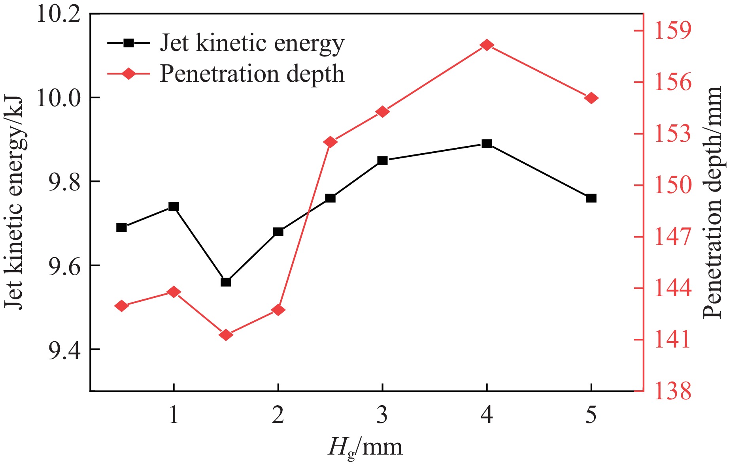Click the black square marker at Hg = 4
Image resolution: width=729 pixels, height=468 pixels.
point(487,144)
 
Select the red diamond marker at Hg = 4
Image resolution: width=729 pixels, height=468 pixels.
point(487,45)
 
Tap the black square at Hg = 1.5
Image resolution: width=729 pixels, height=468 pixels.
point(226,282)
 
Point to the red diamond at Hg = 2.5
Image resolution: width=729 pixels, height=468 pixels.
point(330,142)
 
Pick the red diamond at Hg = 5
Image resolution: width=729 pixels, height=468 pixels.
point(591,98)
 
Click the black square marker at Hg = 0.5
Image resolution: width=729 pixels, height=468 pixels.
point(121,227)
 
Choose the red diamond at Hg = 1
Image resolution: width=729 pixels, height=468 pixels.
point(174,292)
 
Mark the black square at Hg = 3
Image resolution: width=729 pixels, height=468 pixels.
point(382,160)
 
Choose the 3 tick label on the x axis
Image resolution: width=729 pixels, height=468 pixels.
point(382,415)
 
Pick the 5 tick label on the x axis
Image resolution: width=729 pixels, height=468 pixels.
point(591,415)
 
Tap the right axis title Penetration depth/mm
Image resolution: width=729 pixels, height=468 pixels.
point(714,202)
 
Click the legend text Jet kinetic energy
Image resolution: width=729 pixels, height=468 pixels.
point(252,43)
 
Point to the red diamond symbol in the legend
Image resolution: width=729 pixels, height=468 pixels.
point(128,73)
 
